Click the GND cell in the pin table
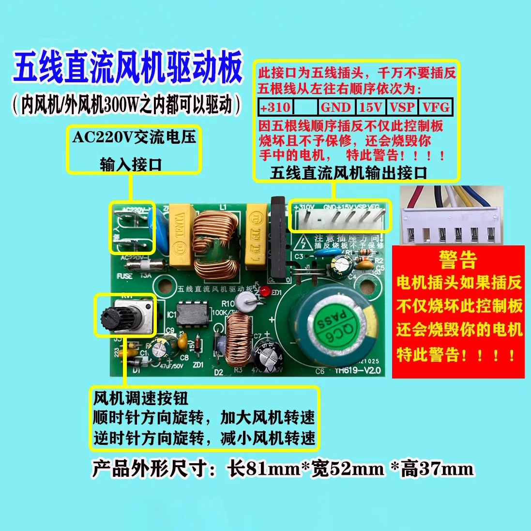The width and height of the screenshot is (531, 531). coord(336,107)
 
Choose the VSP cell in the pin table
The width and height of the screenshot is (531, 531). coord(403,107)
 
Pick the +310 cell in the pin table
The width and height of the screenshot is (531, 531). coord(275,107)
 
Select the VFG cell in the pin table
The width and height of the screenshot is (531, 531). coord(436,107)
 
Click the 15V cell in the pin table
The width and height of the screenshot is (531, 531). coord(371,107)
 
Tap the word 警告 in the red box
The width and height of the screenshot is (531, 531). coord(457,260)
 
